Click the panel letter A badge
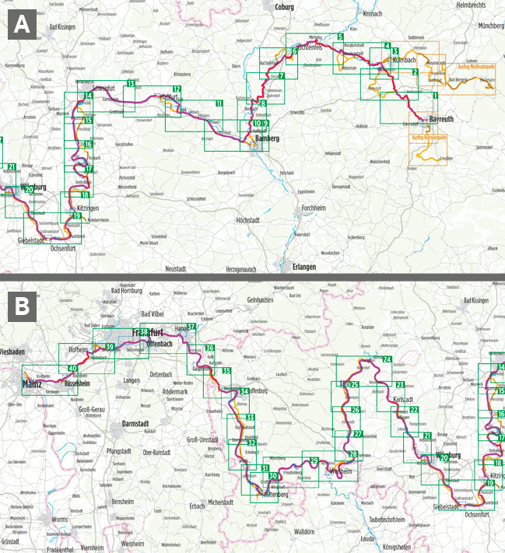tap(23, 25)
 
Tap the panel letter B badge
tap(23, 306)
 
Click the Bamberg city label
tap(267, 138)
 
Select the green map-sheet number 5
tap(341, 37)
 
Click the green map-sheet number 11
tap(219, 103)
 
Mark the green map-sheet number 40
tap(72, 369)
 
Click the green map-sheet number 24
tap(387, 359)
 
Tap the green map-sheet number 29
tap(314, 460)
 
